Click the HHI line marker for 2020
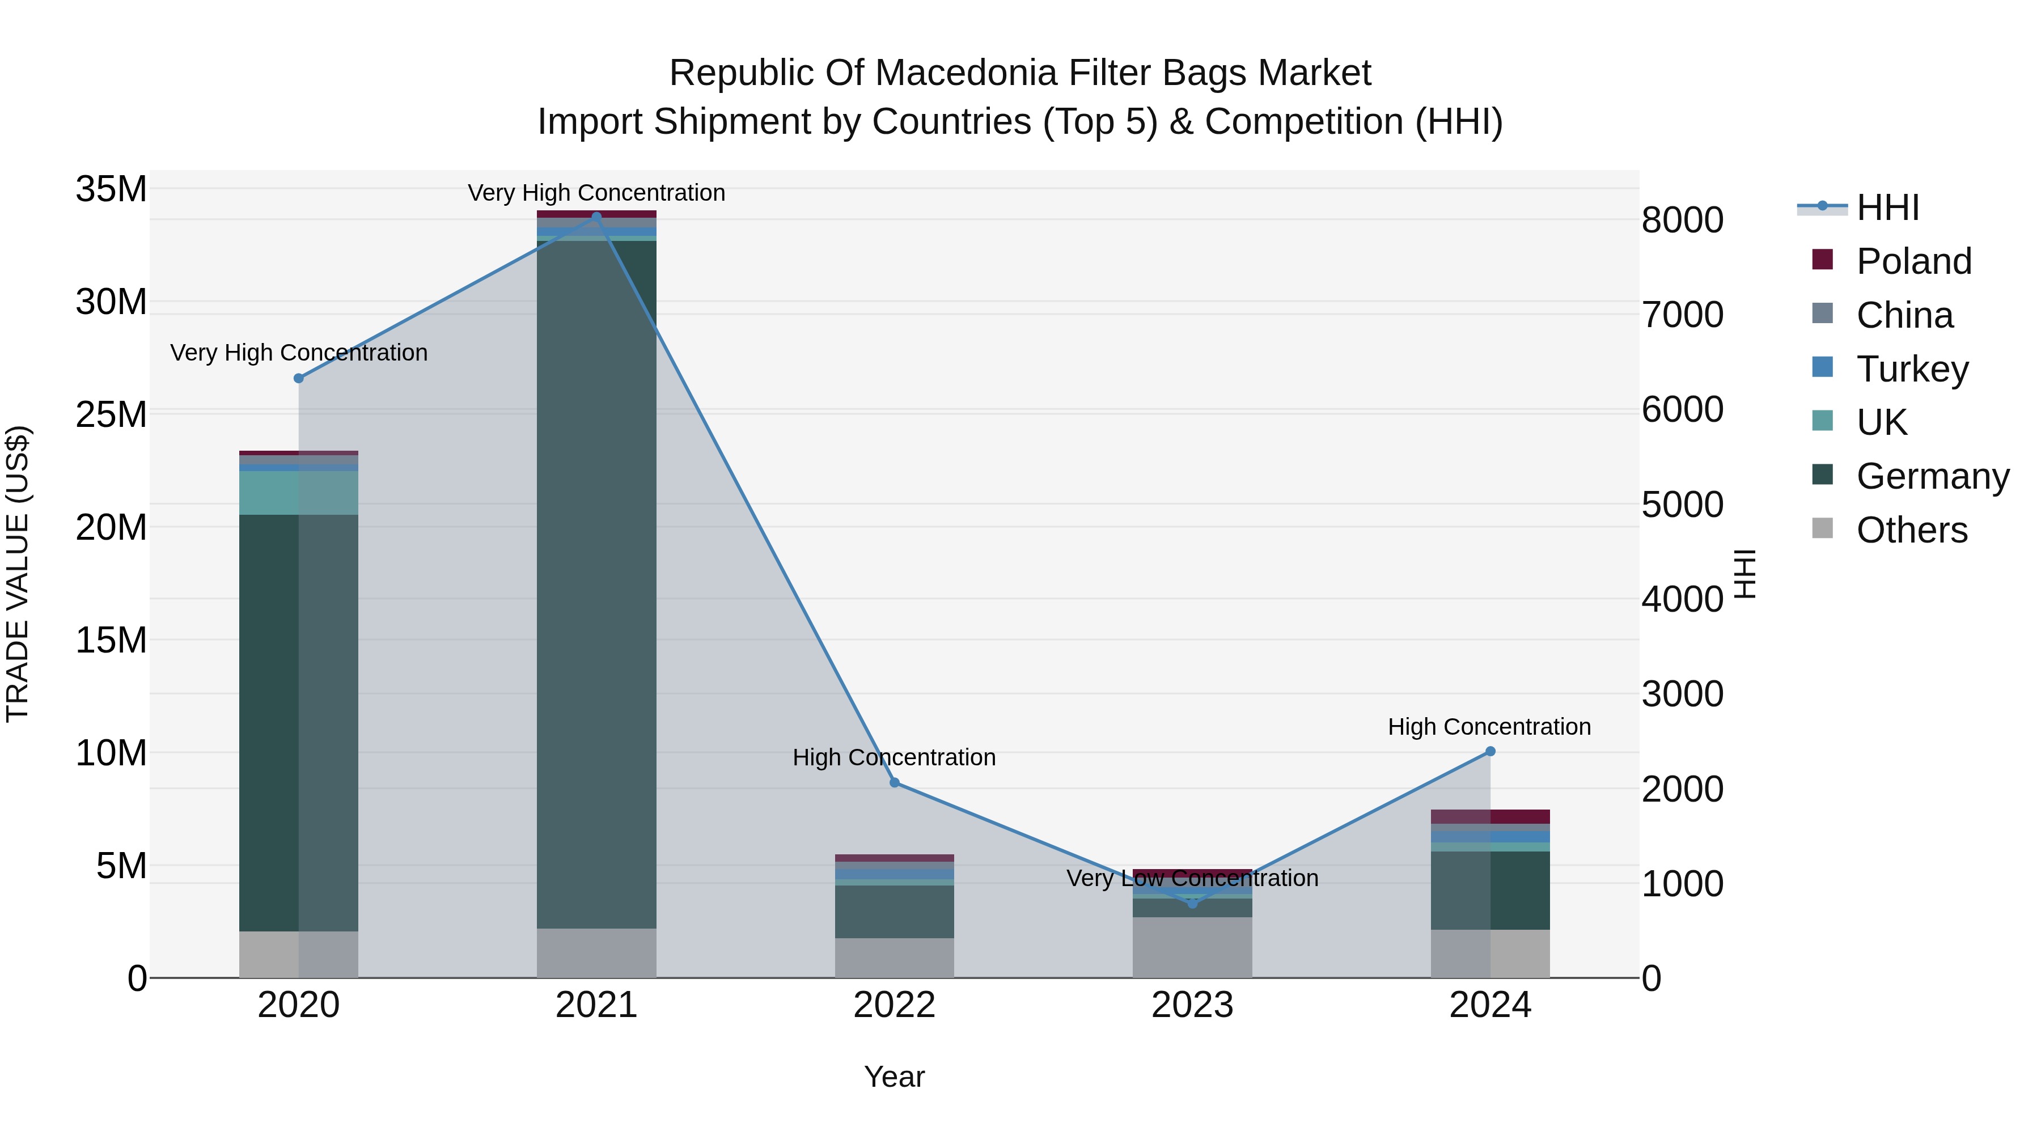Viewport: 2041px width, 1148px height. (299, 379)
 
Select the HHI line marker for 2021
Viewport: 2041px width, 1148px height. (596, 217)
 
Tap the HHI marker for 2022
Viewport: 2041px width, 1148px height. (895, 783)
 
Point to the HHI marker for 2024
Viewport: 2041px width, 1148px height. (1490, 751)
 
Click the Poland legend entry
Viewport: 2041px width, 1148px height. (1913, 261)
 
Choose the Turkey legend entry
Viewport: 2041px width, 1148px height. (1912, 369)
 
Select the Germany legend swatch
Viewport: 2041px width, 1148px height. (1822, 475)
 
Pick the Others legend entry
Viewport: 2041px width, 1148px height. (1911, 530)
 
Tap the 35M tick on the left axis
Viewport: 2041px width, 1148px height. (111, 189)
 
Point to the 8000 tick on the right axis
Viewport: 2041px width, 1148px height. (1682, 221)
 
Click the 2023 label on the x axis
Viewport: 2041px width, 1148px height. (1192, 1005)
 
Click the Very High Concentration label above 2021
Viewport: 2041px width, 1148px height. (596, 193)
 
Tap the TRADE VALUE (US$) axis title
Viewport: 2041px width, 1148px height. (18, 574)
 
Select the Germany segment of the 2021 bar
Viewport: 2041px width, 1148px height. (596, 586)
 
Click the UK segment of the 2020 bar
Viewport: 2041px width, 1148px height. (299, 493)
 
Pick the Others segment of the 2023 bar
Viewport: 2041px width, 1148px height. (1192, 947)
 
